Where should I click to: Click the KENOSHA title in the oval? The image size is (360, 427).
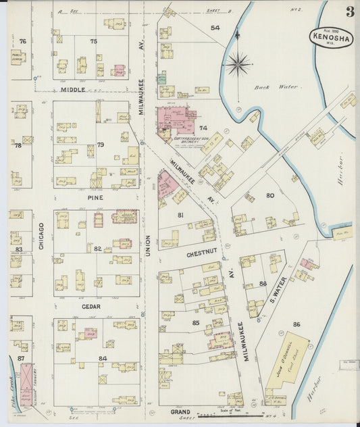[331, 39]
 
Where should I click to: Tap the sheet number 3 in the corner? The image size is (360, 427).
[350, 11]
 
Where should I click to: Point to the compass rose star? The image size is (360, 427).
[238, 64]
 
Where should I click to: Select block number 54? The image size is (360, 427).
[215, 28]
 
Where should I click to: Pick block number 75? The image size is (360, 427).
[93, 41]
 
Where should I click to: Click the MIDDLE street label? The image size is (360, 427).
[73, 89]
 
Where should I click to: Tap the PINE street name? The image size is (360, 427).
[95, 197]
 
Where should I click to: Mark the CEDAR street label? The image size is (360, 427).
[91, 306]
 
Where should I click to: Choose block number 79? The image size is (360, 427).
[101, 145]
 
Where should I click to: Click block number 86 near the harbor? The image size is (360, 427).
[296, 325]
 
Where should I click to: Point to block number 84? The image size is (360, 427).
[102, 358]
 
